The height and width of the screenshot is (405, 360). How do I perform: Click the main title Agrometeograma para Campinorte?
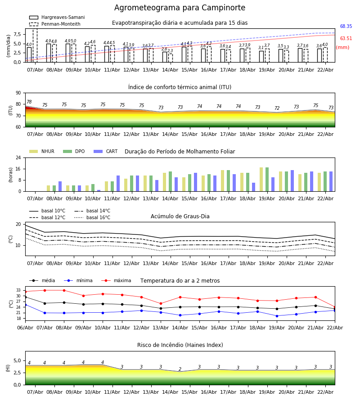click(x=180, y=8)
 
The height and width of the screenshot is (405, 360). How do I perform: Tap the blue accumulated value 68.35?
click(x=346, y=27)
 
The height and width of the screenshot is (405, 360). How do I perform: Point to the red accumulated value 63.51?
click(x=346, y=39)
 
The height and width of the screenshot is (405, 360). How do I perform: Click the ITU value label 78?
click(x=29, y=102)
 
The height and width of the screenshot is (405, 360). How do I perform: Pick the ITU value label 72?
click(x=277, y=108)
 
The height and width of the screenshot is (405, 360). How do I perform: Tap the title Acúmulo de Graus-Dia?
click(x=180, y=216)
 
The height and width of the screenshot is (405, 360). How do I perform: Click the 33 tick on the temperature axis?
click(x=19, y=290)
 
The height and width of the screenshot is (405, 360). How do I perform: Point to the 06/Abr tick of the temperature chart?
click(x=25, y=328)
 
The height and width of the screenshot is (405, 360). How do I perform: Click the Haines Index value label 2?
click(x=180, y=369)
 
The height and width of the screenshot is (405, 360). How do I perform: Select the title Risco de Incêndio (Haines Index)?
click(x=180, y=345)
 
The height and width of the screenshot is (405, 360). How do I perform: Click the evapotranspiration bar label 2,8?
click(x=164, y=49)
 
